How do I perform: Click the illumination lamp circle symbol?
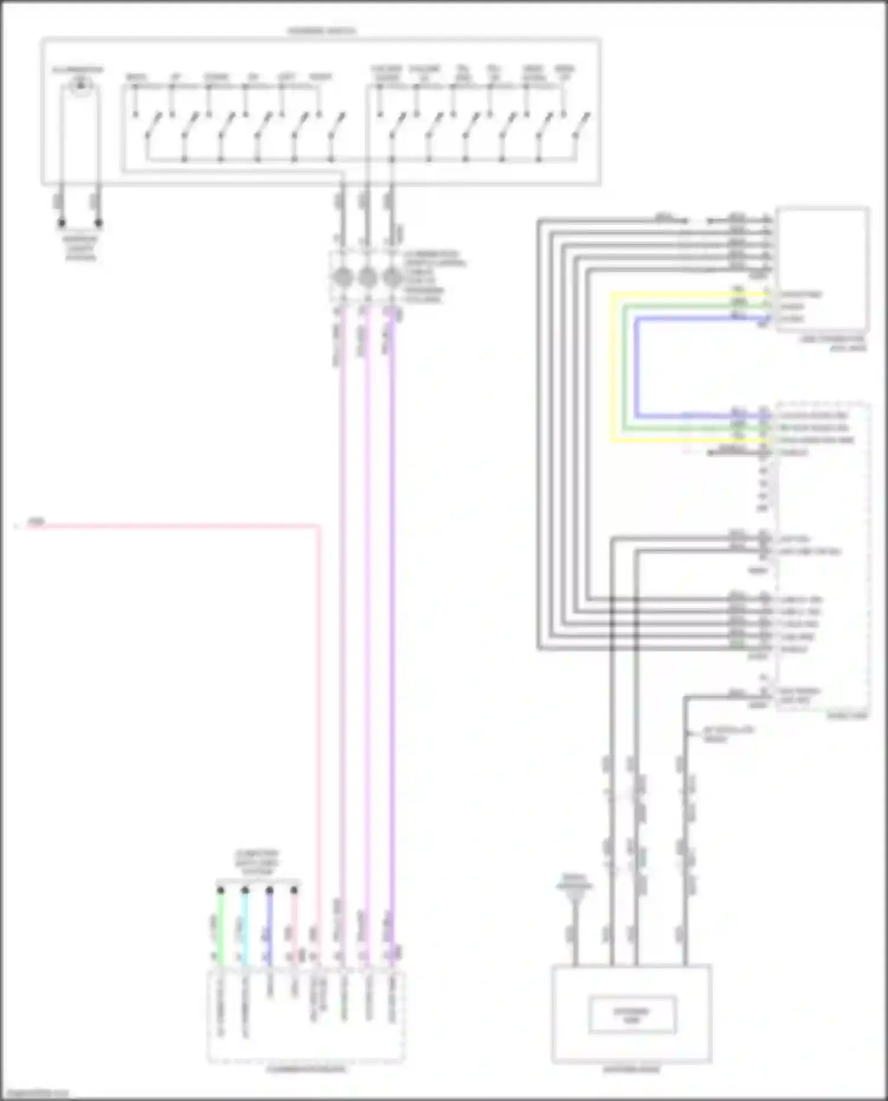81,87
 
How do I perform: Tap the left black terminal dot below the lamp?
62,223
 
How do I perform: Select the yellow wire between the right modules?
612,367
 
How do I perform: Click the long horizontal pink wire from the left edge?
172,525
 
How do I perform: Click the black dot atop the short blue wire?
269,890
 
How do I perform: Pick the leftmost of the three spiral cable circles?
343,277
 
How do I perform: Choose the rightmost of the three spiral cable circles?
391,277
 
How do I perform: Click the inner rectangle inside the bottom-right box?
632,1015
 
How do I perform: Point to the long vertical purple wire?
392,592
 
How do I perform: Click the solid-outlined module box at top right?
822,269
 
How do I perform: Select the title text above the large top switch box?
321,30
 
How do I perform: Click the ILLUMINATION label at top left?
78,70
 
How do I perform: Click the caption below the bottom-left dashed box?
306,1069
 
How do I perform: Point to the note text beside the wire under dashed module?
728,734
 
